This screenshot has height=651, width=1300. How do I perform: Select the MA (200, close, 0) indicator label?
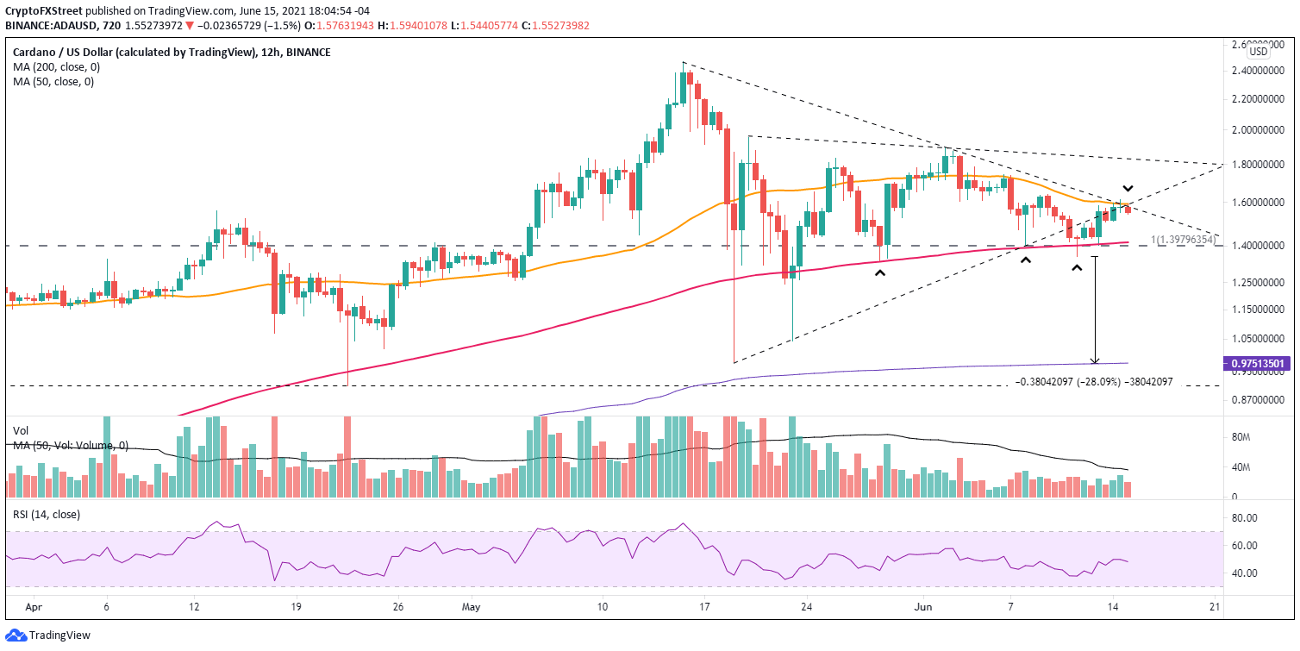tap(53, 67)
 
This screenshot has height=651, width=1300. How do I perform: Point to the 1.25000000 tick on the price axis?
tap(1257, 283)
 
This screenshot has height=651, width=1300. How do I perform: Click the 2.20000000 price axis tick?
tap(1257, 99)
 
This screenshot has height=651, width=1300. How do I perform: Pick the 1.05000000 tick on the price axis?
tap(1257, 339)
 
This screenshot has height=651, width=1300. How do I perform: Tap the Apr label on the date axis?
tap(33, 607)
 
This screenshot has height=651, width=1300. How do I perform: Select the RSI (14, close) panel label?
tap(46, 516)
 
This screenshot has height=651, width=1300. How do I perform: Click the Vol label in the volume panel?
tap(21, 429)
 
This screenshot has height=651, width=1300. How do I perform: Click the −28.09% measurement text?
tap(1095, 381)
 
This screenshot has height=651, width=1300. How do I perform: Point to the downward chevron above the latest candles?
tap(1127, 189)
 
